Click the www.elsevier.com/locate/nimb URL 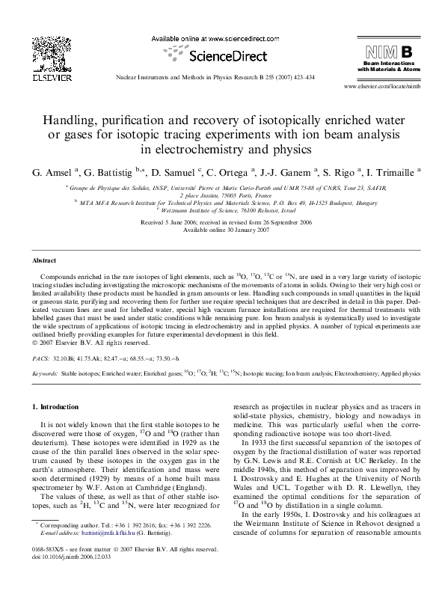point(386,88)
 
